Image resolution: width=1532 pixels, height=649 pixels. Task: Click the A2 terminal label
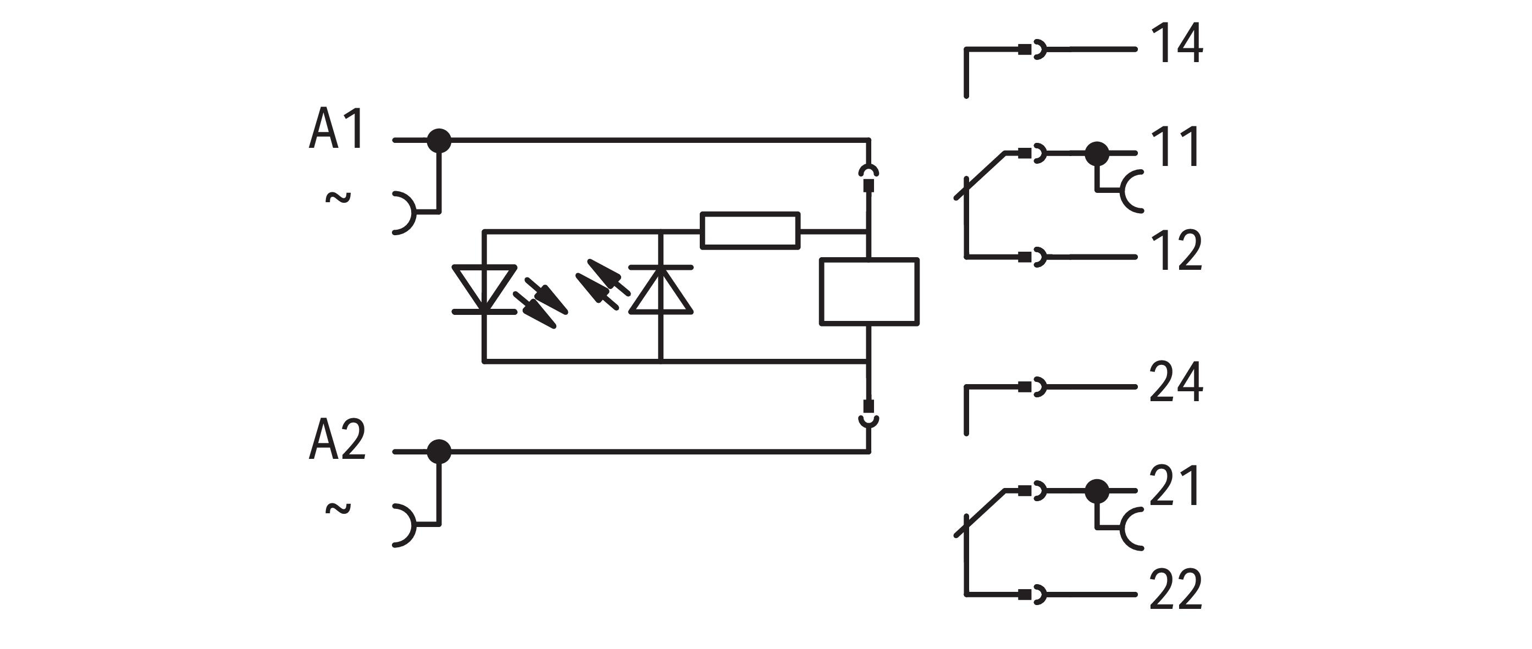pos(337,440)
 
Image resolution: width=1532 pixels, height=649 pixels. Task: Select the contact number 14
pos(1176,44)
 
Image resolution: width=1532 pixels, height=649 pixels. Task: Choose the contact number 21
pos(1174,486)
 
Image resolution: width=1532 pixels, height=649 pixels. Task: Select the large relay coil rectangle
pos(869,292)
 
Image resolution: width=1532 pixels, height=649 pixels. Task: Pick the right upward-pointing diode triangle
pos(661,290)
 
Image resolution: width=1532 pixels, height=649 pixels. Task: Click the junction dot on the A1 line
pos(440,141)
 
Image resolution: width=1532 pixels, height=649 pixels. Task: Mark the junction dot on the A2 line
pos(440,452)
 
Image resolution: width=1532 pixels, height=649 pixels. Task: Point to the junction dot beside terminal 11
pos(1097,154)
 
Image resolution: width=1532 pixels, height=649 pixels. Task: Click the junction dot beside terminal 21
pos(1097,491)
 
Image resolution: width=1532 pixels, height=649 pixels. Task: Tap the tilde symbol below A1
pos(338,197)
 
